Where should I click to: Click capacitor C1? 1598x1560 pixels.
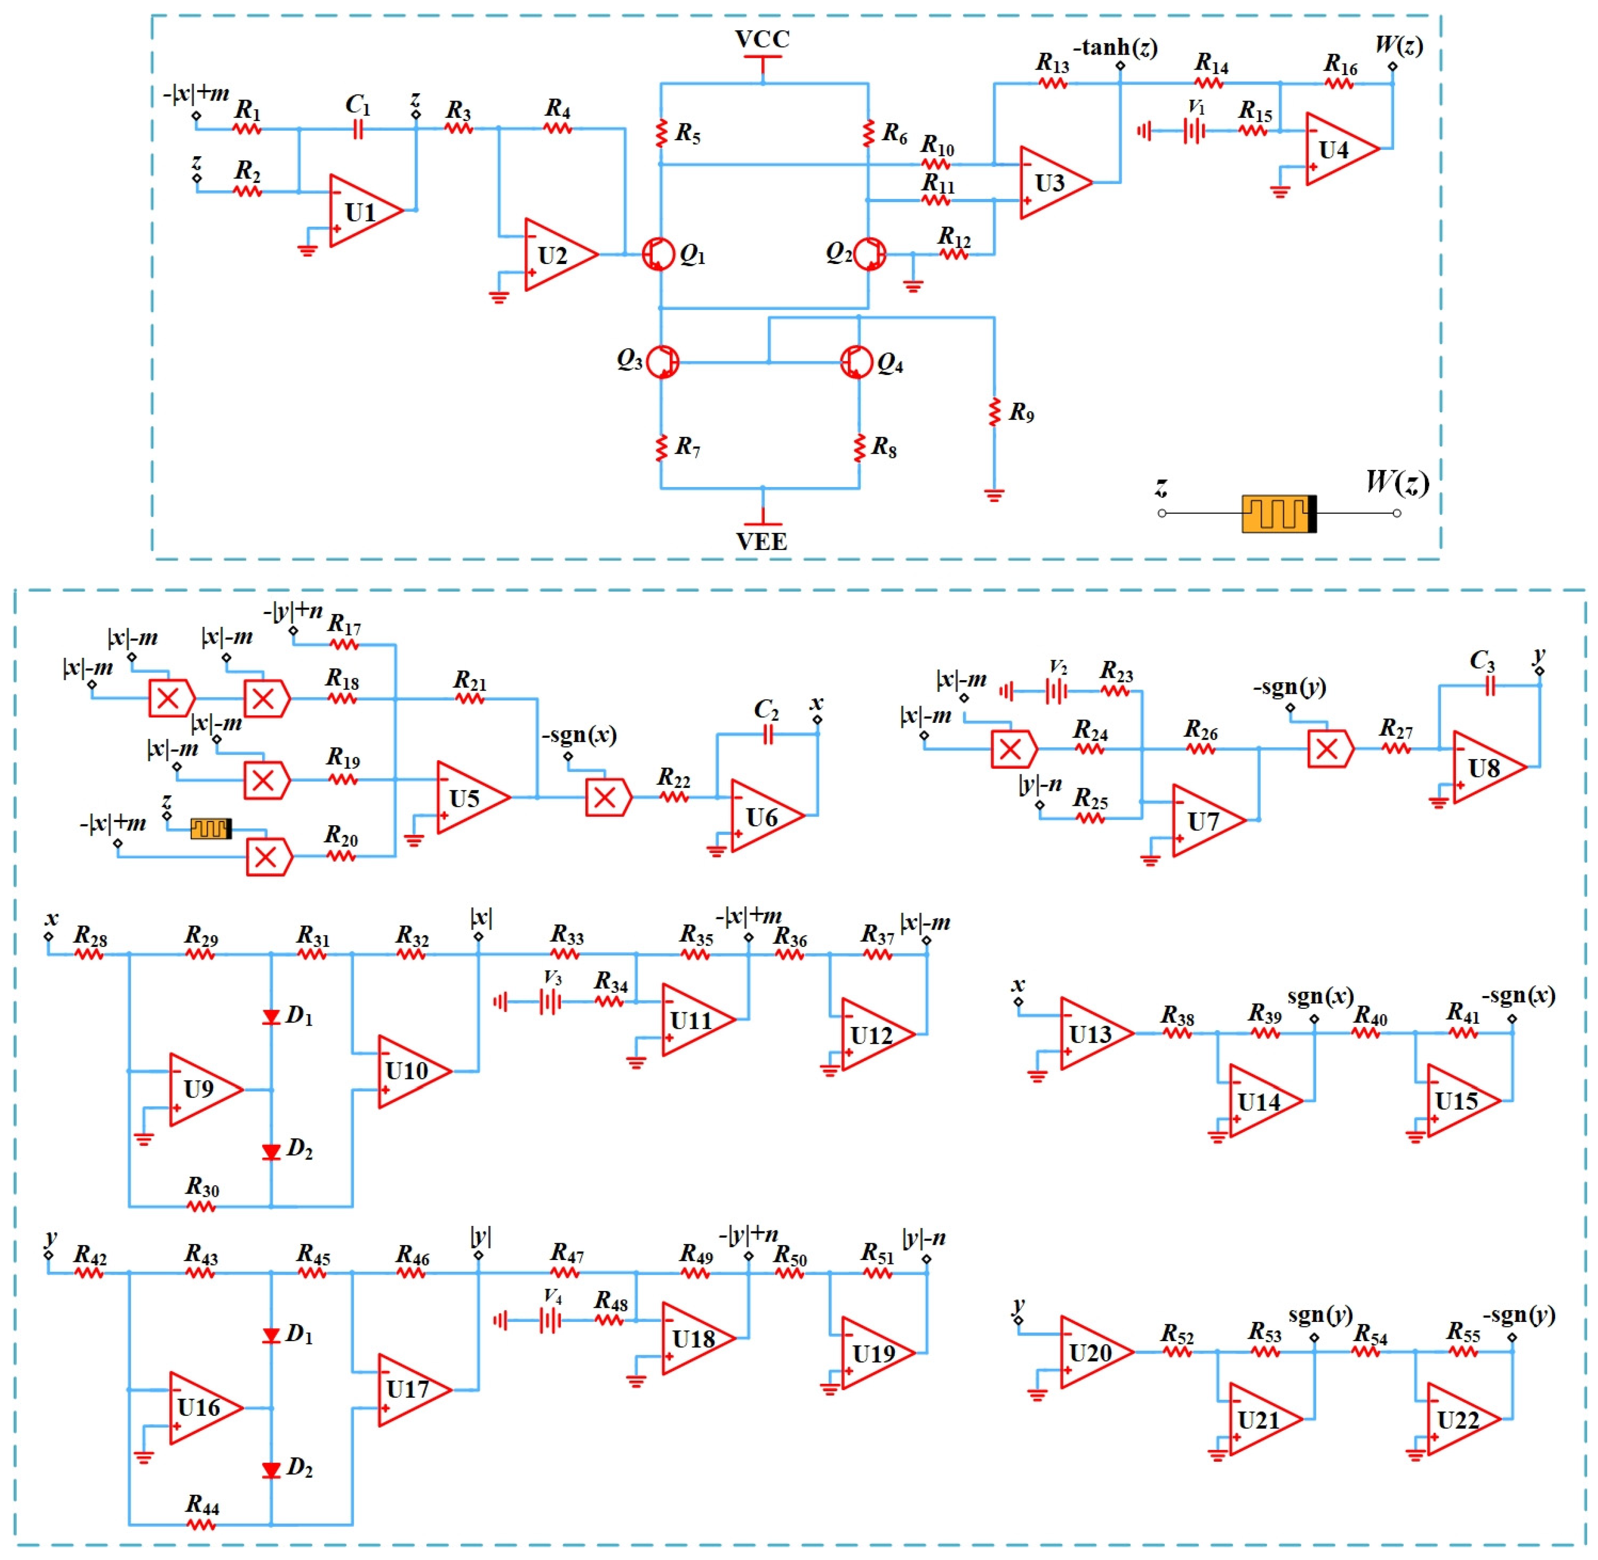(357, 129)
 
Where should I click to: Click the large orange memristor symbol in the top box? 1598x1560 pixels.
(1278, 514)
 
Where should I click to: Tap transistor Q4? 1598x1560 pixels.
(857, 361)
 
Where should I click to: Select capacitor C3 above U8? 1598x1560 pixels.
(1489, 686)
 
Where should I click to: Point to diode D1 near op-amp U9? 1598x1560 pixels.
(271, 1017)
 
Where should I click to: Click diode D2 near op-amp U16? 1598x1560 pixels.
(271, 1470)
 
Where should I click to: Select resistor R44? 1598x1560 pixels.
(202, 1524)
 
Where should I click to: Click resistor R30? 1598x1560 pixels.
(202, 1206)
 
